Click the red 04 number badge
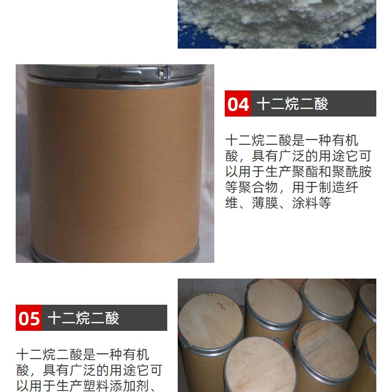(238, 103)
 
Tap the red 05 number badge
(29, 318)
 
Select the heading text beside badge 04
(292, 104)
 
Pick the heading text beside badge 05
(83, 318)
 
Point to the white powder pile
(277, 22)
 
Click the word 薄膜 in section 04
(265, 203)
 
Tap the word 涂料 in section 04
(305, 203)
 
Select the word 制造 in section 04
(331, 187)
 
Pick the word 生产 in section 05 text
(70, 386)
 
